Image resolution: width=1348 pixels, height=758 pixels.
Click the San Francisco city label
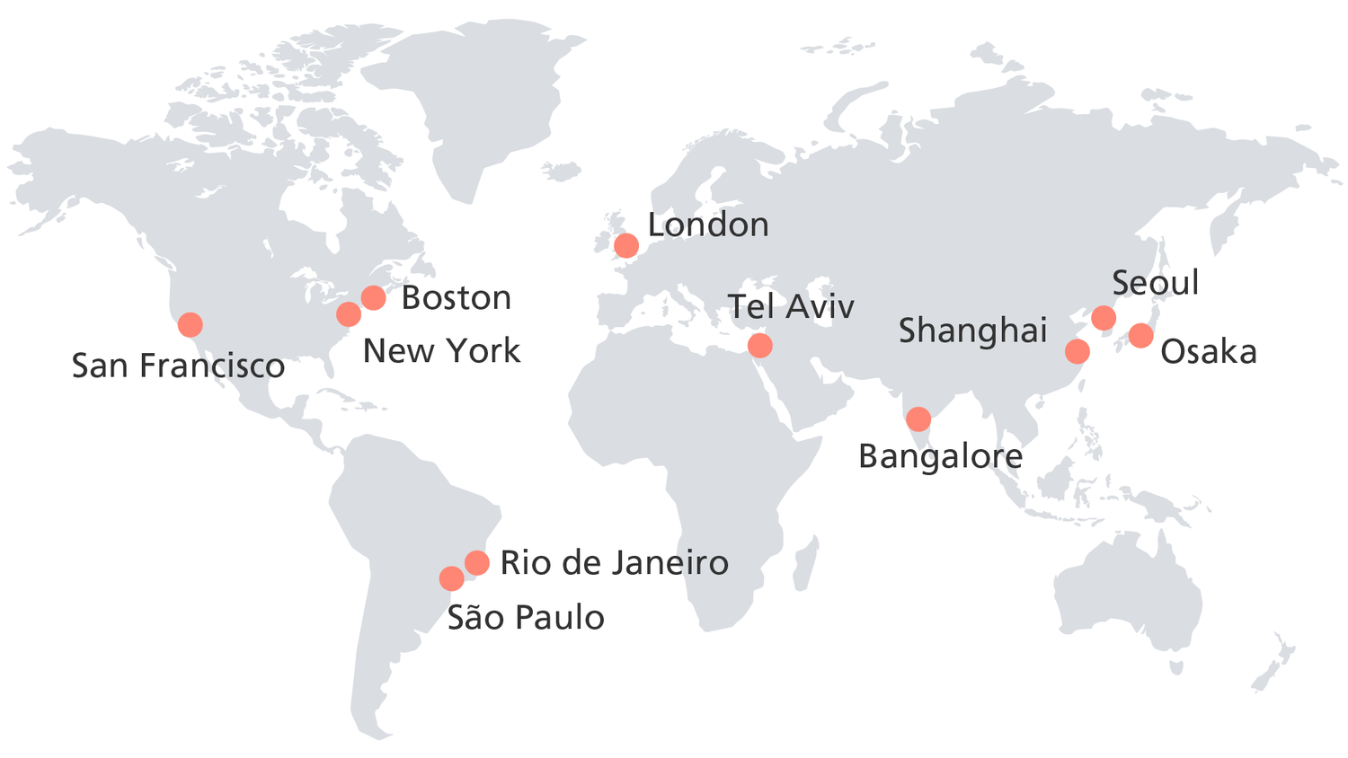point(178,366)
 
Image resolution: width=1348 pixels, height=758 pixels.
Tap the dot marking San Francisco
point(190,324)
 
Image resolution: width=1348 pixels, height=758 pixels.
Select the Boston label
point(456,298)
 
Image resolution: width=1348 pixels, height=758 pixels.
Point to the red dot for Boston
point(373,297)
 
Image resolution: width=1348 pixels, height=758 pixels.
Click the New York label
point(441,351)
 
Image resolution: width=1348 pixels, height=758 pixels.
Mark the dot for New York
point(349,314)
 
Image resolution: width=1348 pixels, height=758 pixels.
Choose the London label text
point(708,225)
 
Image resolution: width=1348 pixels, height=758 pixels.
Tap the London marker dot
point(626,245)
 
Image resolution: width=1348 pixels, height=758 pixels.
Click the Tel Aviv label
point(791,307)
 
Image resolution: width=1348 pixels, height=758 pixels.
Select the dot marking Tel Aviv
point(759,345)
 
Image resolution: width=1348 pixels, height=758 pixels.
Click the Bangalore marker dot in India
point(918,419)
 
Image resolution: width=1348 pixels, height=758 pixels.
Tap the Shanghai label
point(973,331)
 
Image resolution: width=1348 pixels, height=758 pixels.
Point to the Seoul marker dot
point(1104,318)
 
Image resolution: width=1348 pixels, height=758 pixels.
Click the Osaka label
point(1208,352)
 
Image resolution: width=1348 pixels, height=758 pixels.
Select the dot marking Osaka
point(1140,336)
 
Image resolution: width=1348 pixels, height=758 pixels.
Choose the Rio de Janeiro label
point(614,563)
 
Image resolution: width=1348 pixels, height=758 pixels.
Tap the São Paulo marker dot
point(451,578)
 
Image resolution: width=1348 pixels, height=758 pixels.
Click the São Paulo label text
point(526,618)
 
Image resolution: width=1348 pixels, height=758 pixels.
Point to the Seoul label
point(1155,284)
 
